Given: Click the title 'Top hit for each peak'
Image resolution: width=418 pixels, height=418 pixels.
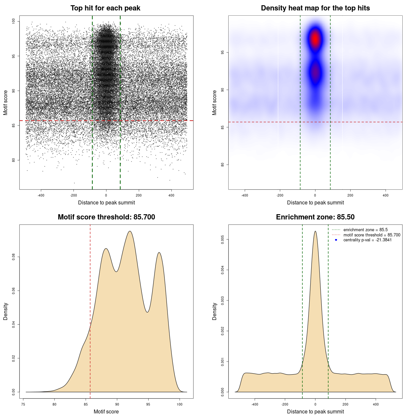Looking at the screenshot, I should [105, 8].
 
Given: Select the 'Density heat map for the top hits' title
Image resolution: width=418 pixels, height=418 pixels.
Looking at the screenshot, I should [315, 8].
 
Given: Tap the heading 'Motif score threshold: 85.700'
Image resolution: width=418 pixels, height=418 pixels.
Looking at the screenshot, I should [106, 217].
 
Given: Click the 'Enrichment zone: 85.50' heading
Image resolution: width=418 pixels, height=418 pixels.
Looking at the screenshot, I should [315, 217].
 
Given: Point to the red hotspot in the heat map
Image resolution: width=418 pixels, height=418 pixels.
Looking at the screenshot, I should [315, 39].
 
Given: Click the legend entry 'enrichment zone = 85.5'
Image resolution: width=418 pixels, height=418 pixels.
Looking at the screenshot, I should [365, 230].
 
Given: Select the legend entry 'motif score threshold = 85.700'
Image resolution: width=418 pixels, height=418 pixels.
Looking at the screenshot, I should [372, 235].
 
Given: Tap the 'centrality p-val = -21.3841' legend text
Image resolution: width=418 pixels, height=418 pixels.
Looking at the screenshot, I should [367, 240].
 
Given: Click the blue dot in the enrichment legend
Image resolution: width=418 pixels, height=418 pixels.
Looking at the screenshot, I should [336, 240].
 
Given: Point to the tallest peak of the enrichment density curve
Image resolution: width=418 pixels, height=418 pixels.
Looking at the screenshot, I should [315, 232].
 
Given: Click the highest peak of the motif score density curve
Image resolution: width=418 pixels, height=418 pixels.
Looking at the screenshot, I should [130, 232].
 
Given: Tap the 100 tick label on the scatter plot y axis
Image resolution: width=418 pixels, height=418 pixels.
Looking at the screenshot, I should [13, 21].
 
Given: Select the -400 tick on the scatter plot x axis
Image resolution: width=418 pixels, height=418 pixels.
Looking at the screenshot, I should [41, 195].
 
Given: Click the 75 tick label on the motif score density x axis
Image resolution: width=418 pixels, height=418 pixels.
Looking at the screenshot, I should [23, 404].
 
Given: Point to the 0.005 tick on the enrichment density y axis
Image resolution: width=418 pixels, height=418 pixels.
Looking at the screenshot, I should [222, 240].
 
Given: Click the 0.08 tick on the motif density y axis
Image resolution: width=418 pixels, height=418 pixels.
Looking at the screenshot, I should [13, 257].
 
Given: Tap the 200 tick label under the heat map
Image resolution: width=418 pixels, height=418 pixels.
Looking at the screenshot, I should [350, 195].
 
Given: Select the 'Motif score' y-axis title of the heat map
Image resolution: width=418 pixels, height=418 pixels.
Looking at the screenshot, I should [215, 103].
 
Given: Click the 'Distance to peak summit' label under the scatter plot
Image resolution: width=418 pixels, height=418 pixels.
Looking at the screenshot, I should [106, 203].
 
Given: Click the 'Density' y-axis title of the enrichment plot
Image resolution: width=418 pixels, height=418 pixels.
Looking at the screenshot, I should [215, 311].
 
